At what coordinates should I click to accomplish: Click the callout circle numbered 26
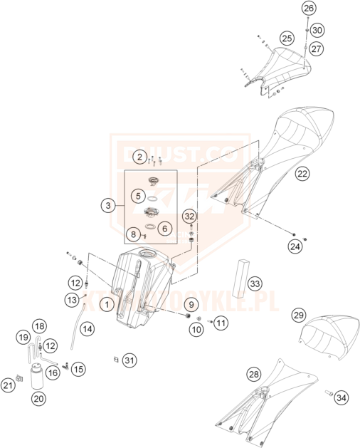click(x=307, y=9)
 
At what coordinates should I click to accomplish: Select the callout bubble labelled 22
click(x=302, y=173)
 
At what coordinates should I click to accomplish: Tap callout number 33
click(x=255, y=283)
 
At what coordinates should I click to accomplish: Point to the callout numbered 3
click(x=107, y=205)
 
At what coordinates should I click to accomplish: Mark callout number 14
click(x=86, y=329)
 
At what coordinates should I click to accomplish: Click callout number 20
click(x=38, y=400)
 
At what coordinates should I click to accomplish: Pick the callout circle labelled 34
click(x=342, y=396)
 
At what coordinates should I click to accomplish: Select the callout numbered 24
click(x=294, y=246)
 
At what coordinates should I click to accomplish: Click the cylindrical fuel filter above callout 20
click(x=36, y=374)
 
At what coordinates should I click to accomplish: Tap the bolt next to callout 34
click(x=329, y=392)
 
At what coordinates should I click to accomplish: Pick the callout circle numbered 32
click(x=189, y=216)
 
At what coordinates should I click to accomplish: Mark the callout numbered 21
click(x=9, y=385)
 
